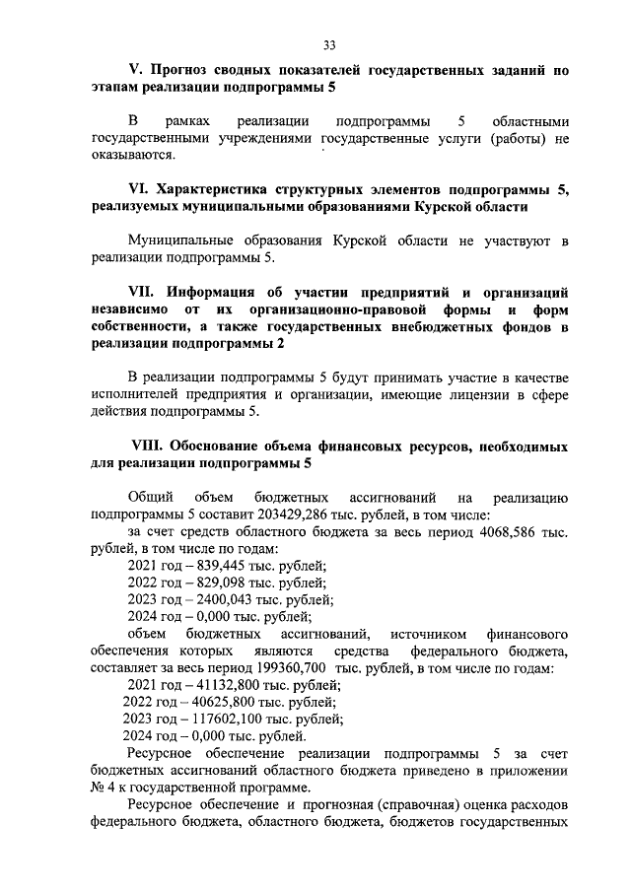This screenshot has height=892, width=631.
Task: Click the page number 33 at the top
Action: point(330,43)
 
